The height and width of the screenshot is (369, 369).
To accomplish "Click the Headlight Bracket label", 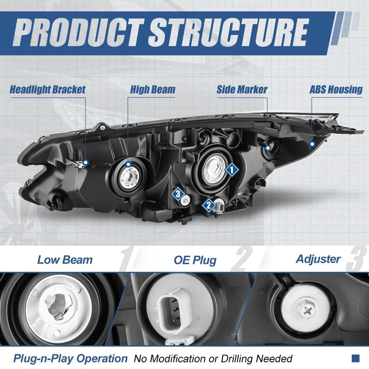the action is [48, 90].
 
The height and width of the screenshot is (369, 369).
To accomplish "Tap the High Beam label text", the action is [152, 90].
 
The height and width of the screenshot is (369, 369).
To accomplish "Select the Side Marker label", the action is [242, 90].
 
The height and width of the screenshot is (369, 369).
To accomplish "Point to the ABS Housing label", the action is [336, 90].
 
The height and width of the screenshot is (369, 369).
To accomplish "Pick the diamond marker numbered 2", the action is [209, 206].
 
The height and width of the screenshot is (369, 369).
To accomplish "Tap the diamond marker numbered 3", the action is [178, 194].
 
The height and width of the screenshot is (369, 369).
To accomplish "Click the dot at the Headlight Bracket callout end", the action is [86, 162].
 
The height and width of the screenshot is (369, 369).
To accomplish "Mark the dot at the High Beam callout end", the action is [128, 164].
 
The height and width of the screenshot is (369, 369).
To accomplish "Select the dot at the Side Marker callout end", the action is [268, 148].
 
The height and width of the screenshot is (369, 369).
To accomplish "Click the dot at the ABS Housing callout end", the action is [312, 144].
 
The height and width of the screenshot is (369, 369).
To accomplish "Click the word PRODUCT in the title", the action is [78, 33].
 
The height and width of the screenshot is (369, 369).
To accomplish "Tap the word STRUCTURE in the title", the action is [228, 33].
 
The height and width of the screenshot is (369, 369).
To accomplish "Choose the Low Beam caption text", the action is [65, 260].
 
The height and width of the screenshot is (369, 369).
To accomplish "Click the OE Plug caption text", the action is [195, 260].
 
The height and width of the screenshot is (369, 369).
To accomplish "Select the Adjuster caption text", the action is [318, 259].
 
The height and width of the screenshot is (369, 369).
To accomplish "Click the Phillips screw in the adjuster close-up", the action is [307, 310].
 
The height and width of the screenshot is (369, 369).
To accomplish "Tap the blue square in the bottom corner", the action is [355, 358].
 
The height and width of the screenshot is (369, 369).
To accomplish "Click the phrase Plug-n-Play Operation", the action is [70, 359].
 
